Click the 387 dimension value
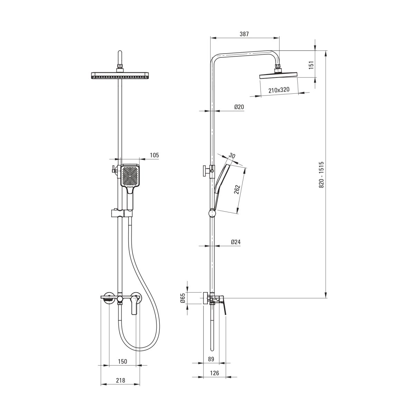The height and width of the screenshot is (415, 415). click(244, 34)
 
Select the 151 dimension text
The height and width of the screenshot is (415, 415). click(311, 65)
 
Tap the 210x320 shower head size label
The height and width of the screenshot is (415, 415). click(279, 90)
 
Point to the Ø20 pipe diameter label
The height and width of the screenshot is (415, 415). click(239, 107)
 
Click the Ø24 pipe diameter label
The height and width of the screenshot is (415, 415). click(236, 242)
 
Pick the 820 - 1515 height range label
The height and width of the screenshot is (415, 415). click(321, 175)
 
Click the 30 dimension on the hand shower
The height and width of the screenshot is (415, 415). click(232, 156)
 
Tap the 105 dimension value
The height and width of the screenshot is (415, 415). click(154, 155)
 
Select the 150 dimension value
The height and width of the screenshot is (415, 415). click(122, 361)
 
